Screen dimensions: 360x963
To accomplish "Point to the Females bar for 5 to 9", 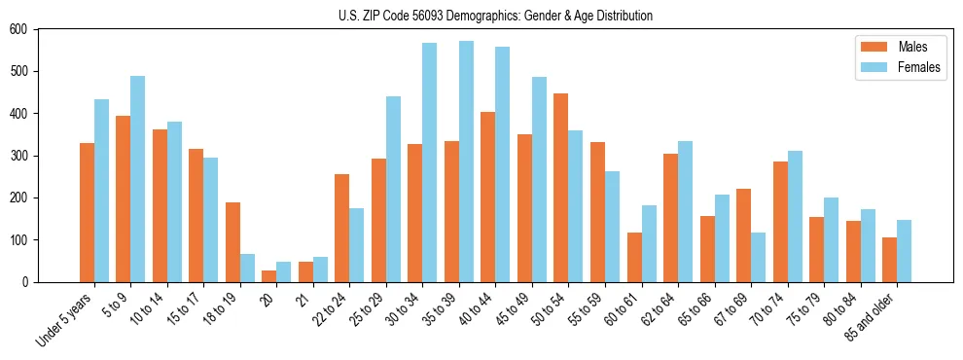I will point(138,179).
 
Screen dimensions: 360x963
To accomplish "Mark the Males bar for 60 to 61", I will point(634,257).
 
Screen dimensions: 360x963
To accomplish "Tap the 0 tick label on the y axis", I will point(26,282).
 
